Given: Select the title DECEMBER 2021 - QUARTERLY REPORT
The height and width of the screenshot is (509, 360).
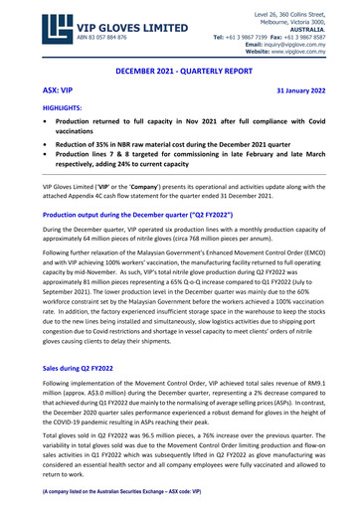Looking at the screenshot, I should point(180,72).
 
